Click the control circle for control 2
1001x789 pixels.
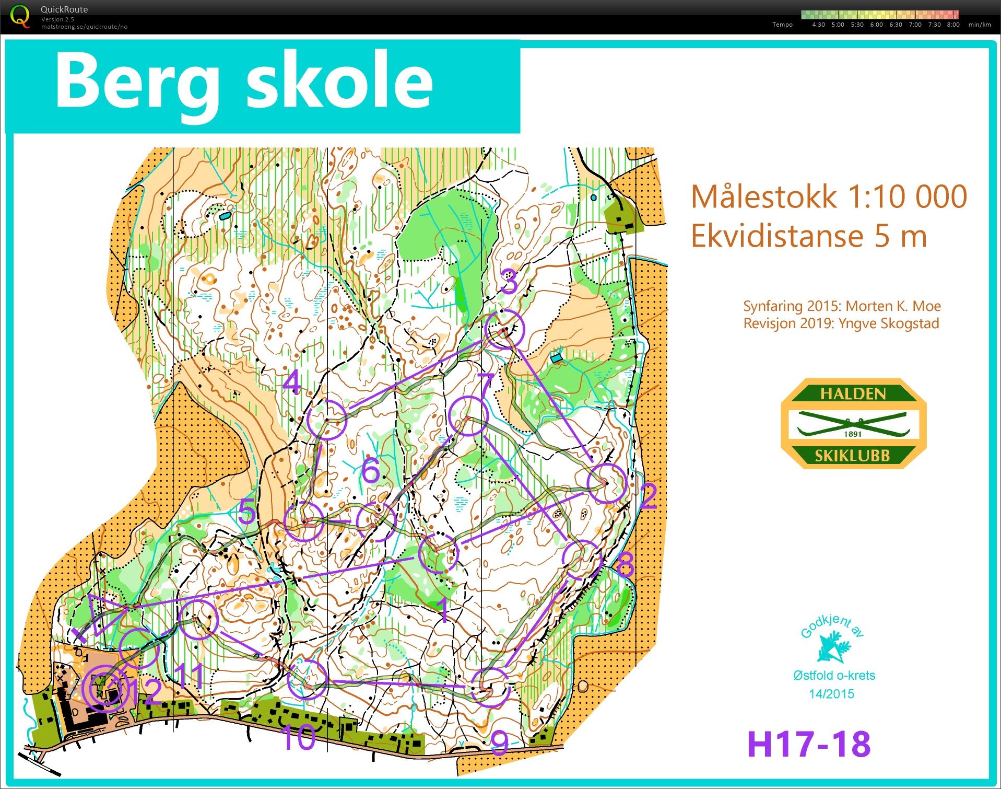[606, 483]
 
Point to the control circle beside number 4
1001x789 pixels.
[327, 419]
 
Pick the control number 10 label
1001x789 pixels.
[298, 737]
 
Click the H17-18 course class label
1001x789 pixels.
[808, 744]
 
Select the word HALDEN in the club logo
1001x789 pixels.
[853, 393]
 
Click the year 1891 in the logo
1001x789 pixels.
[852, 434]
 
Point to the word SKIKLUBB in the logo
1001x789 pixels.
[852, 456]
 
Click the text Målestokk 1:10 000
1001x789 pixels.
[829, 197]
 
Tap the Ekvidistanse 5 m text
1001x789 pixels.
[808, 236]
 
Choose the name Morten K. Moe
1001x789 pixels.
[893, 306]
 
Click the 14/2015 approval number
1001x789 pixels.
[831, 694]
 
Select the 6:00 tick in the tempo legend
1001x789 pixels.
[876, 25]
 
